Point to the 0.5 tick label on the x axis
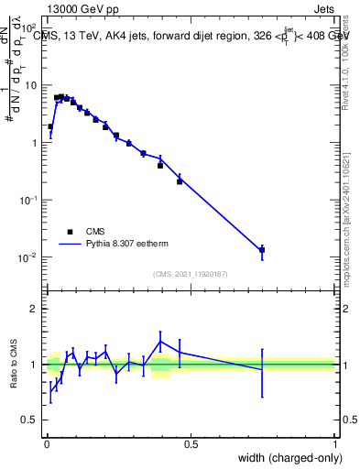[191, 444]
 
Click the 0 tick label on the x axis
[47, 444]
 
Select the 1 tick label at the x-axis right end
[335, 444]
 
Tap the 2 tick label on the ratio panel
[33, 309]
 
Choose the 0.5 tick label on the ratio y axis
[29, 421]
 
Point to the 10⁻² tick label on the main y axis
[27, 257]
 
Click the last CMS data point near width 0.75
[262, 249]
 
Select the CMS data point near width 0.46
[180, 181]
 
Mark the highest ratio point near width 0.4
[160, 342]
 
